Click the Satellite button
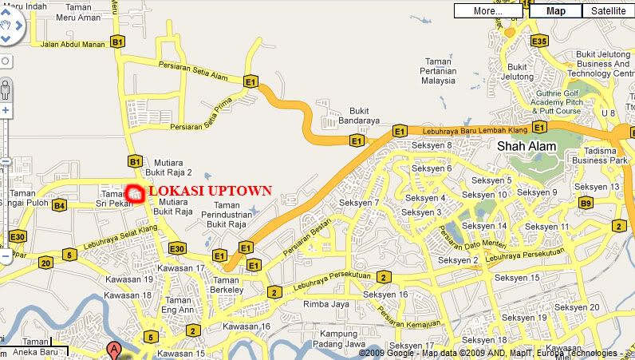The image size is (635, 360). pos(609,11)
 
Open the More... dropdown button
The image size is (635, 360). pos(487,11)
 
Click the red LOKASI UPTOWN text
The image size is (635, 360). pos(211,192)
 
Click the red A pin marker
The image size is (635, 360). pos(114,350)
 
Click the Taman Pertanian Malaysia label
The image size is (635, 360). pos(443,70)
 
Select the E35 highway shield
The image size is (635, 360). pos(539,41)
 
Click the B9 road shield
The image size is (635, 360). pos(586,204)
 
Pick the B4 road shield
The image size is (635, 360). pos(59,206)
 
